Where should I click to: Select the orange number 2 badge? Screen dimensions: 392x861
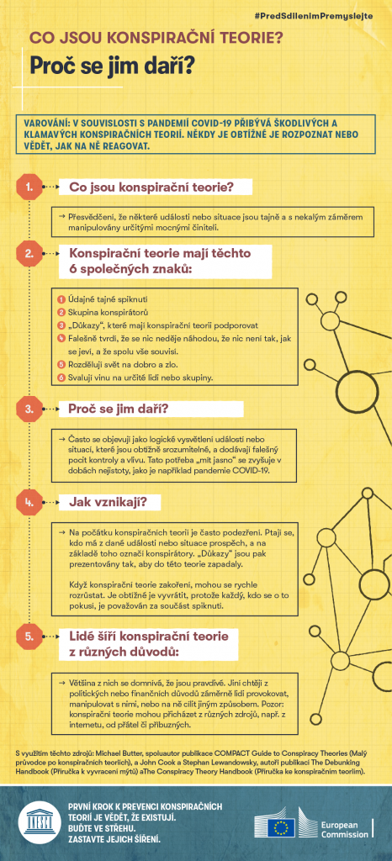point(29,252)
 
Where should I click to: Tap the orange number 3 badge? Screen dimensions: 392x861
point(29,409)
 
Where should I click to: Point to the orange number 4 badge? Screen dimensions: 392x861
point(29,503)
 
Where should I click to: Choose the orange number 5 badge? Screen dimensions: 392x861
point(29,612)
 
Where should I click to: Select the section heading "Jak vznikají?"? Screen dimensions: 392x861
point(108,503)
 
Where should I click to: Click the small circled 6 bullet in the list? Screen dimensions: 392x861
point(61,378)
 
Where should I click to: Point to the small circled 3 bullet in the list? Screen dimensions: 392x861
point(61,325)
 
